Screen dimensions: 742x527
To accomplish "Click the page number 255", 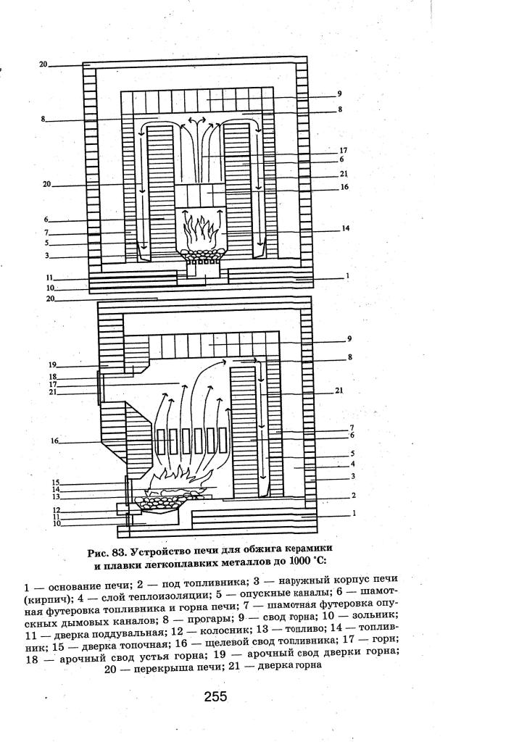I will coord(215,696).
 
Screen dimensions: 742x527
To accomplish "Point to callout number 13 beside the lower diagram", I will coord(55,497).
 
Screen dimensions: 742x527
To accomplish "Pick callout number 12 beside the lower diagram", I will coord(55,510).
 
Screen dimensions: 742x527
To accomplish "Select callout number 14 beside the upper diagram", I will coord(347,228).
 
